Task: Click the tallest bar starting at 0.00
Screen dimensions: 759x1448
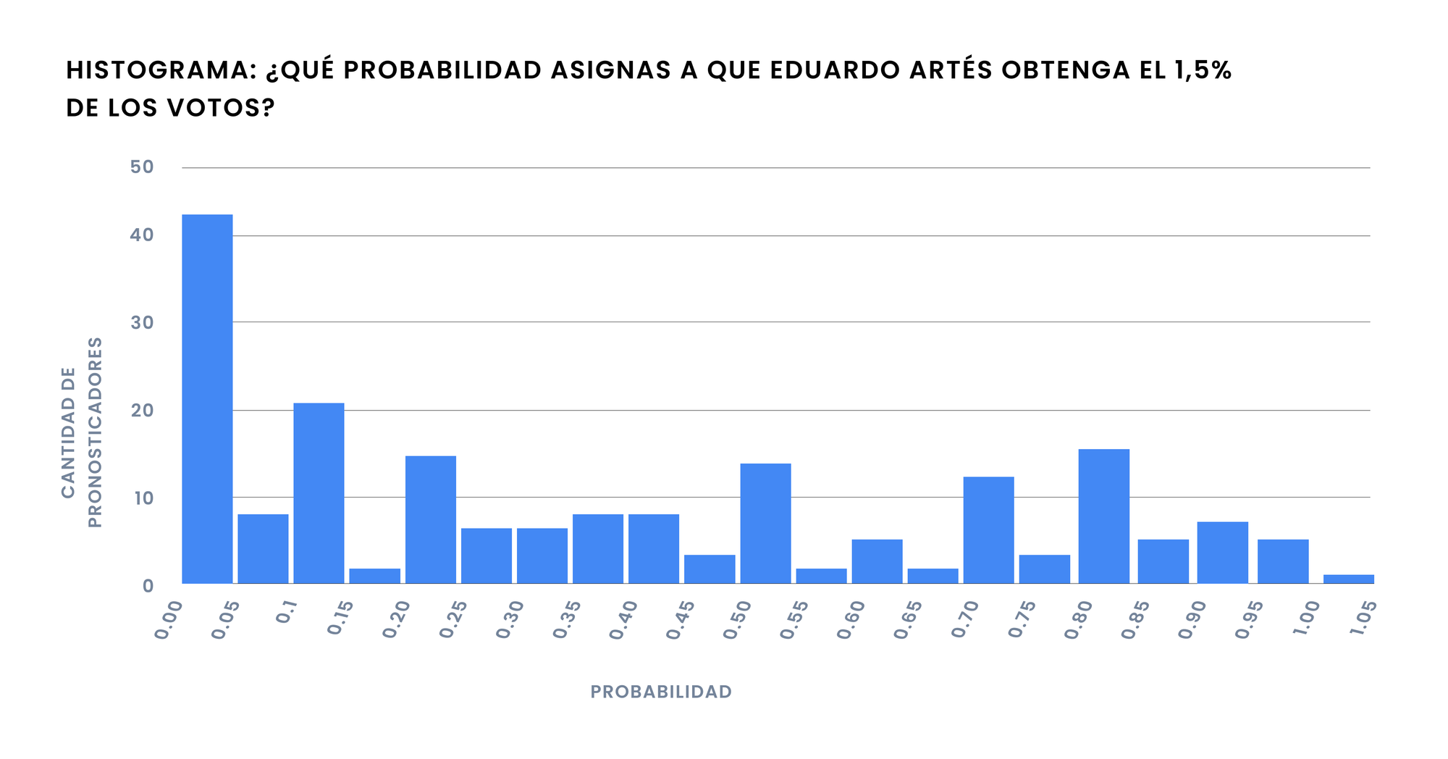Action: click(x=207, y=398)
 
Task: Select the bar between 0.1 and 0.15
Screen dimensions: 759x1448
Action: click(x=319, y=492)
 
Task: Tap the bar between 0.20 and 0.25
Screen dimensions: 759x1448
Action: click(x=431, y=519)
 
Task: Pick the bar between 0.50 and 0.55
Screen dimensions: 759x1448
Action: click(x=765, y=523)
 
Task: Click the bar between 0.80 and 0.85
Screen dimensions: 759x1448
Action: click(x=1103, y=516)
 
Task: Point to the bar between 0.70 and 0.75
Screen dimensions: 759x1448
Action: click(x=988, y=529)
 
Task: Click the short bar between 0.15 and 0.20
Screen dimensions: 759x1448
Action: click(x=374, y=576)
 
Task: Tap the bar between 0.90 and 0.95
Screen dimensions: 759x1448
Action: click(x=1222, y=552)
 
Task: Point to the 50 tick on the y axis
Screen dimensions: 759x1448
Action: click(x=142, y=167)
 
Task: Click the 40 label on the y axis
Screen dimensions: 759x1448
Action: click(x=142, y=235)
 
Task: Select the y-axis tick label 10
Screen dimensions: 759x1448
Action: click(x=142, y=498)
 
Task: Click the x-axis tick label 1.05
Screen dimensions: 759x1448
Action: click(x=1362, y=620)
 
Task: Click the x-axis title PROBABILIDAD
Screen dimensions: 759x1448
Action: click(x=661, y=692)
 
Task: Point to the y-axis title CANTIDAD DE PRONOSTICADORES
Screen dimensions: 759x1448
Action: click(x=81, y=432)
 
